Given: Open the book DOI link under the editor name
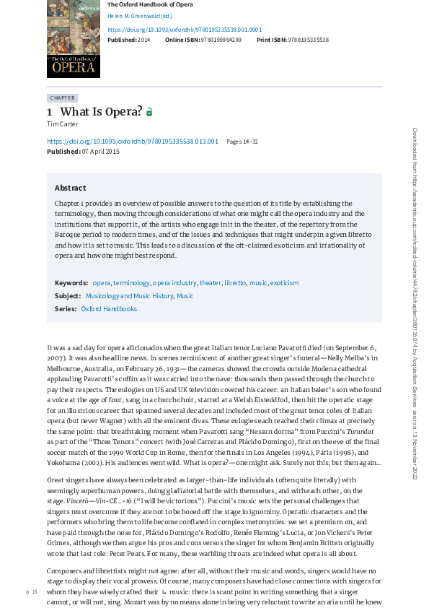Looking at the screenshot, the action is click(x=184, y=30).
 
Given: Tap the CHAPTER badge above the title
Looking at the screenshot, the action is click(x=62, y=97).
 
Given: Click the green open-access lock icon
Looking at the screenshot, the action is click(x=149, y=112).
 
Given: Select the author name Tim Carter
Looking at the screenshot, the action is click(x=62, y=124).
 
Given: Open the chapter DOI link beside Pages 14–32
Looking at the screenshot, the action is click(x=132, y=142).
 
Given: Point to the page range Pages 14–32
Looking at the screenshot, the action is click(x=242, y=142).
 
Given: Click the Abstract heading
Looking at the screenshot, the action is click(x=70, y=188).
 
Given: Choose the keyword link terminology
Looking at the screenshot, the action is click(x=131, y=283).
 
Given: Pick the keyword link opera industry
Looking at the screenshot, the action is click(x=174, y=283).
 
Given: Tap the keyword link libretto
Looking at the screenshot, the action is click(x=235, y=283).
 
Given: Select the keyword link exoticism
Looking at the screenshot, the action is click(x=284, y=283).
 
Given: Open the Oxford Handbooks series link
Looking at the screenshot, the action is click(x=109, y=309).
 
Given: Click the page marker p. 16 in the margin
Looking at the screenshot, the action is click(x=31, y=591).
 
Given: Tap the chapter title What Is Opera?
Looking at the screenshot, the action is click(x=101, y=111).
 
